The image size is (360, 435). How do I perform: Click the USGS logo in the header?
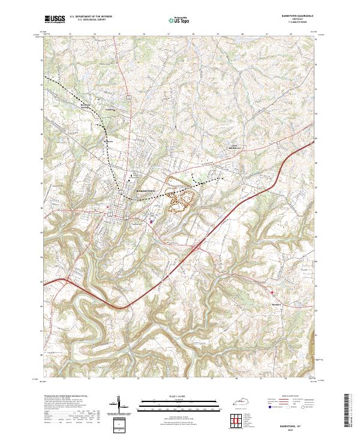tap(55, 19)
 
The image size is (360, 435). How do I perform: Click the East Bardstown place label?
tap(239, 145)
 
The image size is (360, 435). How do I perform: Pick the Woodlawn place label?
tap(110, 110)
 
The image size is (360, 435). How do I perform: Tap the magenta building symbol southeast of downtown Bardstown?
tap(151, 220)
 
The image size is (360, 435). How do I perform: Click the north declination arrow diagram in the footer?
tap(118, 406)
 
